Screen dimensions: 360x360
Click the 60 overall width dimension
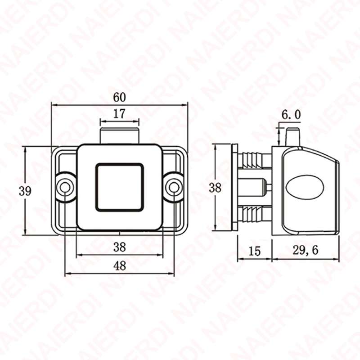click(119, 98)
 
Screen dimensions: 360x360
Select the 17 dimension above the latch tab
click(119, 114)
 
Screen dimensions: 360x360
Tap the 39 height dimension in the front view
click(25, 191)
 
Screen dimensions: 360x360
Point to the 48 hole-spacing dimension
click(120, 266)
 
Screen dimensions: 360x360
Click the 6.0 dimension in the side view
click(291, 115)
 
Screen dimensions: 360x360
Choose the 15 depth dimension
click(255, 251)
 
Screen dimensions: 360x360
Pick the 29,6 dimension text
click(306, 250)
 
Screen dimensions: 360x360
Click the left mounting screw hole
click(65, 187)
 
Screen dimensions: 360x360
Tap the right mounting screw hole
click(174, 187)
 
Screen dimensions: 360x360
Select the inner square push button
click(119, 187)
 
